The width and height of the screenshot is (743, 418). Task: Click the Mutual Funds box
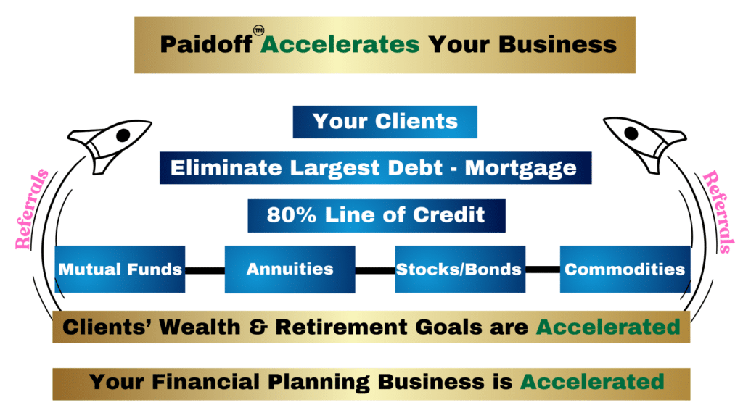coord(120,269)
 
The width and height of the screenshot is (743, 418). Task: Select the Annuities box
coord(290,269)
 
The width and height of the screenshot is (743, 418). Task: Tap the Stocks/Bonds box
coord(460,269)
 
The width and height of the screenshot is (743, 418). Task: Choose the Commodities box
coord(625,269)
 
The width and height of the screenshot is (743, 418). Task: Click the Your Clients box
coord(385,122)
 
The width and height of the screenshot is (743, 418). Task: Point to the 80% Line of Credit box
coord(377,216)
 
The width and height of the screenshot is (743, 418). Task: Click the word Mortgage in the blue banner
coord(521,169)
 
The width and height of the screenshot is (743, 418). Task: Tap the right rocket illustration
coord(644,143)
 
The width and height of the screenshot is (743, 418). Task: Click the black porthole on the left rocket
coord(123,135)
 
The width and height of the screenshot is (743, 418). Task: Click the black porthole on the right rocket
coord(631,133)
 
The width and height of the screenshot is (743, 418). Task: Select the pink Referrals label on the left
coord(31,209)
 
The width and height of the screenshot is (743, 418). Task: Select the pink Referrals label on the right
coord(718,212)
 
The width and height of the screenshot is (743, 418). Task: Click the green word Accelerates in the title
coord(340,44)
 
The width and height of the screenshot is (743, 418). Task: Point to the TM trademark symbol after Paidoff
coord(259,30)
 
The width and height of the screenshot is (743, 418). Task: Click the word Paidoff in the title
coord(205,44)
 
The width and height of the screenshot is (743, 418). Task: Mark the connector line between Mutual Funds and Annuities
coord(205,270)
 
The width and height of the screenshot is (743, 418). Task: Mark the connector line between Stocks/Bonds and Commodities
coord(543,269)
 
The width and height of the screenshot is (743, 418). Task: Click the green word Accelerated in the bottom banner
coord(592,382)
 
